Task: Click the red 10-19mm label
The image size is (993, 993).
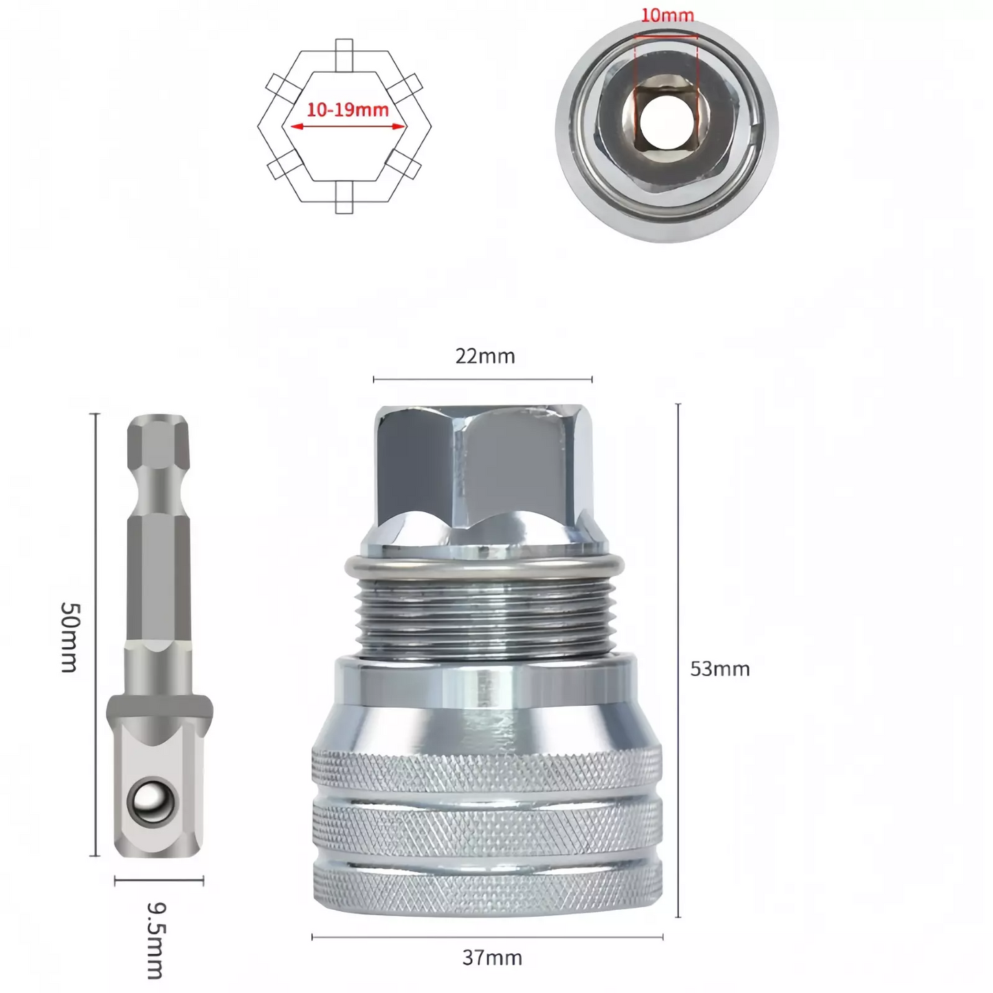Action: (x=347, y=110)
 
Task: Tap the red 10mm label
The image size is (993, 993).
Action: (x=667, y=15)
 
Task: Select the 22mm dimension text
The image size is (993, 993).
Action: (x=485, y=356)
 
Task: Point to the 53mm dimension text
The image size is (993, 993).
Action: (x=720, y=669)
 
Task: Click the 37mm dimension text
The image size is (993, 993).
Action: (x=492, y=958)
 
